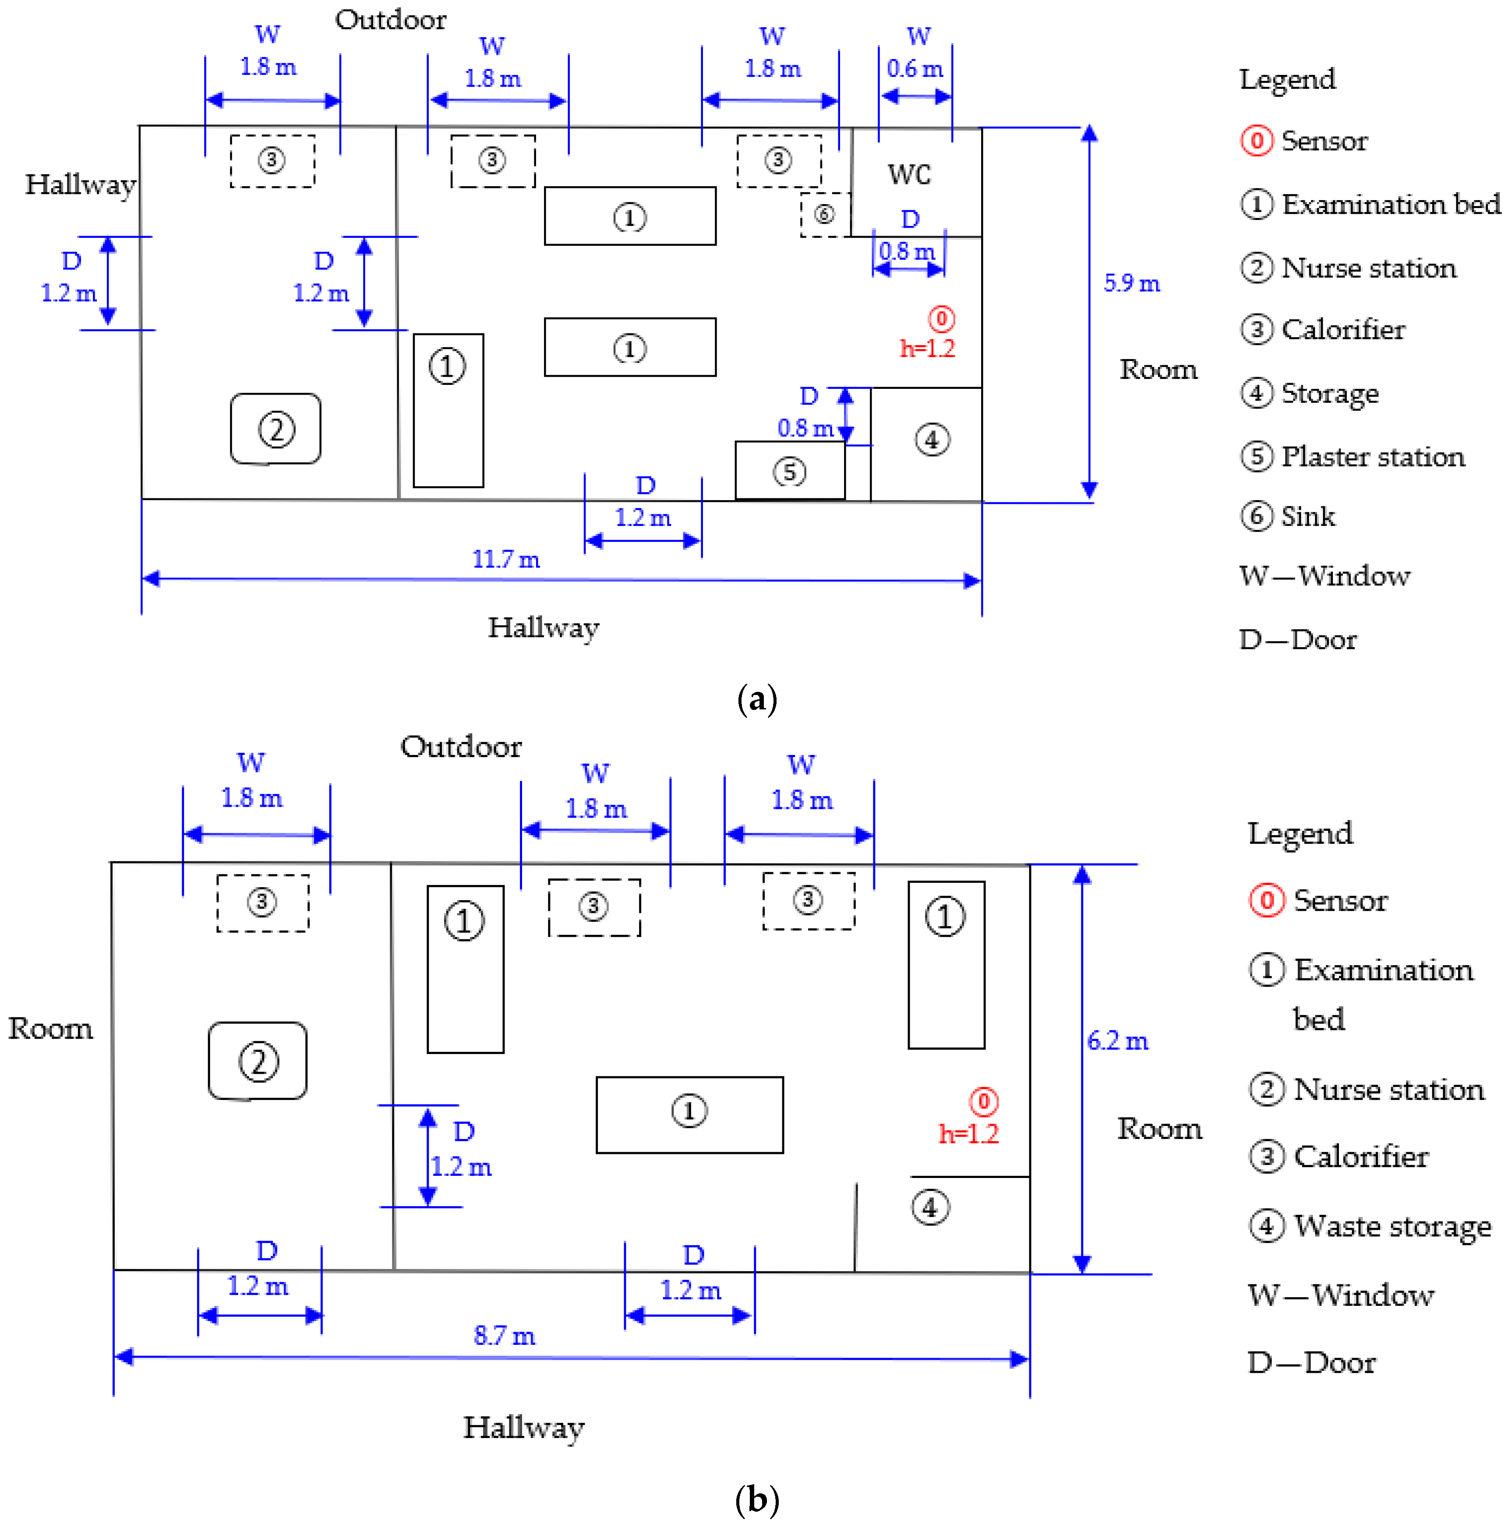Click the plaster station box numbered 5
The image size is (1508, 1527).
click(x=789, y=471)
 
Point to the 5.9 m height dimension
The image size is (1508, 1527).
click(x=1131, y=283)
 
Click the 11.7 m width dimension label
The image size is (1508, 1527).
click(x=506, y=560)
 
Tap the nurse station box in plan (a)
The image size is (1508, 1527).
click(x=276, y=429)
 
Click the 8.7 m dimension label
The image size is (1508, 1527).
click(x=504, y=1336)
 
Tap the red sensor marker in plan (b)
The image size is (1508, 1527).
click(x=983, y=1101)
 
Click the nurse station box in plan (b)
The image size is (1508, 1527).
click(x=258, y=1061)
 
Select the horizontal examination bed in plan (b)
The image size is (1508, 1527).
click(x=689, y=1114)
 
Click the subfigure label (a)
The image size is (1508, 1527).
click(x=756, y=699)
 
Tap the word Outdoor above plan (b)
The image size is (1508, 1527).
click(x=461, y=747)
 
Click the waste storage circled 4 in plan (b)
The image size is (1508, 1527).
click(x=930, y=1207)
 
